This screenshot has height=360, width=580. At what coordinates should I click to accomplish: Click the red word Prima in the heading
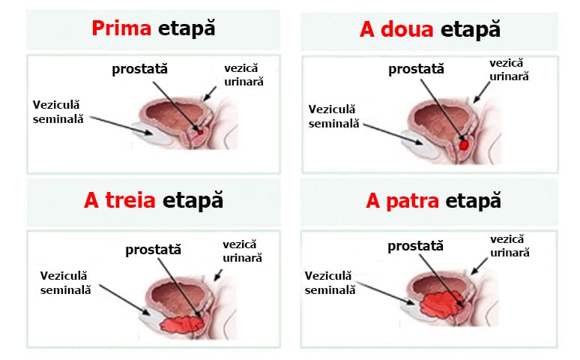tap(121, 28)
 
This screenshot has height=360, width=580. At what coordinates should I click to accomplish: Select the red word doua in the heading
tap(407, 29)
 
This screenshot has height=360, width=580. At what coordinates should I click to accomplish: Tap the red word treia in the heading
tap(130, 200)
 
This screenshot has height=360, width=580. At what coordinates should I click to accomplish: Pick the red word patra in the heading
tap(412, 201)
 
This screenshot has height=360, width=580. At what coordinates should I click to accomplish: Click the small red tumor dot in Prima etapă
tap(200, 132)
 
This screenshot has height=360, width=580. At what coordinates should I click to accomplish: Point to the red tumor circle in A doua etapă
tap(464, 145)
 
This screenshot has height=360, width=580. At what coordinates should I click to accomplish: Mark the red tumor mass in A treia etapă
tap(181, 325)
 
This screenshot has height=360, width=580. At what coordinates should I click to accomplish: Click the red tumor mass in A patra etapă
tap(441, 304)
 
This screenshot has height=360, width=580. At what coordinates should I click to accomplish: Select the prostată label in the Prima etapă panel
tap(140, 69)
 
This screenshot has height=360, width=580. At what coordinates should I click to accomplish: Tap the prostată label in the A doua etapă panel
tap(416, 69)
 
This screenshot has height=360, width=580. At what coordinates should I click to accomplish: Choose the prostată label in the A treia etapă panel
tap(153, 250)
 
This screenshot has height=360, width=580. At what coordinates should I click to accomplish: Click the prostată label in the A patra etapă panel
tap(415, 246)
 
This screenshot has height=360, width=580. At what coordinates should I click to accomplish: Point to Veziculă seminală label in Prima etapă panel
tap(58, 112)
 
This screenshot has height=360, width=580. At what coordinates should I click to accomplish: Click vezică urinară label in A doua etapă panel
tap(509, 70)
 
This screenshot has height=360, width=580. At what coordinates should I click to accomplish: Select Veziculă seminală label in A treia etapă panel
tap(65, 283)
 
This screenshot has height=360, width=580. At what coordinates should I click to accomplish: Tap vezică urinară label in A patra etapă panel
tap(510, 246)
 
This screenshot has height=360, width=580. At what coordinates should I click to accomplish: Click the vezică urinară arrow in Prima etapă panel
tap(210, 93)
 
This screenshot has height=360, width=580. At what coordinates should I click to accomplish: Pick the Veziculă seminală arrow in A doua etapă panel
tap(393, 134)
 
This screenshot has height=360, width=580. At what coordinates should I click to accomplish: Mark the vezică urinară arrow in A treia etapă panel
tap(218, 274)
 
